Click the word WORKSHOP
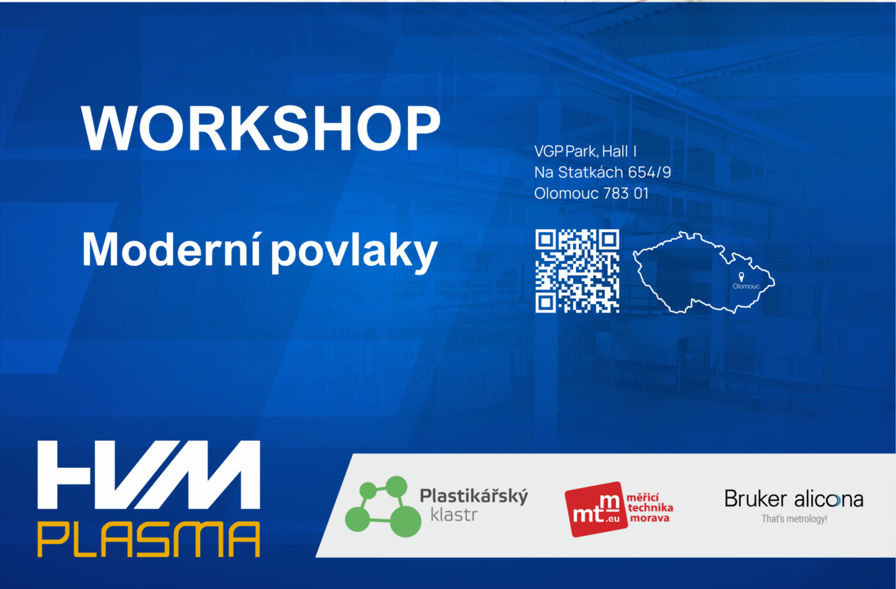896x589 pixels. (x=261, y=128)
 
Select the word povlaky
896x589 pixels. (x=354, y=253)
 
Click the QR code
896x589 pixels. (x=577, y=271)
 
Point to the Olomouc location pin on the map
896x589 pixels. (x=741, y=277)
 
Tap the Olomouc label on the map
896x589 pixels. (x=746, y=286)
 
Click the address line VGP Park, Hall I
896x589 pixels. (x=585, y=151)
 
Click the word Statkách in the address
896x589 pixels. (x=590, y=172)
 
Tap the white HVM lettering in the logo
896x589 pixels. (x=149, y=475)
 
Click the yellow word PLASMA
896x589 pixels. (x=149, y=539)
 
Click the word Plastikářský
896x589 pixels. (x=474, y=496)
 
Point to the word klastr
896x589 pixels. (x=454, y=515)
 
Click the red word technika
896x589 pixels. (x=651, y=507)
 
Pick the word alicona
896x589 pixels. (x=829, y=499)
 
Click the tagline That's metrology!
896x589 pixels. (x=794, y=519)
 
